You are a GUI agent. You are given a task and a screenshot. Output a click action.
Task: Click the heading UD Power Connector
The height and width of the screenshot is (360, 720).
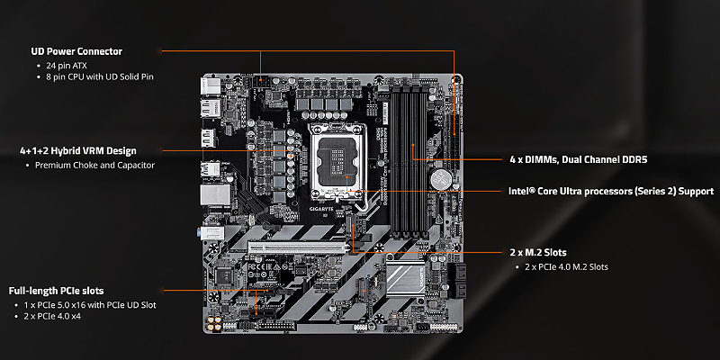click(76, 51)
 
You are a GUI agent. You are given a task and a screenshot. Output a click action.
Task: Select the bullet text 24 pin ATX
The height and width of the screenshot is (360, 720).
click(66, 65)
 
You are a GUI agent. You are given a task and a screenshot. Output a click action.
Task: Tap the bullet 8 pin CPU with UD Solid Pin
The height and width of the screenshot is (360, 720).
click(100, 76)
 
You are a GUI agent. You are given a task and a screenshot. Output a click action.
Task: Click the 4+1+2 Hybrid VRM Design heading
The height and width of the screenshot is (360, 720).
click(78, 150)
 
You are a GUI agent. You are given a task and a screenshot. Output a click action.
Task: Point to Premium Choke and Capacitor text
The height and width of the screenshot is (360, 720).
click(95, 165)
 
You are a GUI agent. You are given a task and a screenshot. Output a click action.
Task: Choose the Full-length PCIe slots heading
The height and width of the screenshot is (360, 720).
click(56, 291)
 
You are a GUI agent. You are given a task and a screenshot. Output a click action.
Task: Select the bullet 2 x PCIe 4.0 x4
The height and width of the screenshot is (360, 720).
click(52, 316)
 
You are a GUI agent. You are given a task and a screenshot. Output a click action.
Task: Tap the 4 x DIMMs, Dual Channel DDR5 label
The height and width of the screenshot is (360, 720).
click(579, 160)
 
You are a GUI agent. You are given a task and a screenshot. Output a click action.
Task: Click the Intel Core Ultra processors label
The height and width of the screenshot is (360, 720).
click(611, 191)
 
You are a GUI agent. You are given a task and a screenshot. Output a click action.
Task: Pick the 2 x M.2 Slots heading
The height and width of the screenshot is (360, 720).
click(538, 253)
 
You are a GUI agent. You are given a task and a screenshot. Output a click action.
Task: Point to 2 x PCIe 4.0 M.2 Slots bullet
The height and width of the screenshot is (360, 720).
click(567, 266)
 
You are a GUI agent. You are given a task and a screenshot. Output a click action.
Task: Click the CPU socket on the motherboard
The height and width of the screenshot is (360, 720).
click(339, 163)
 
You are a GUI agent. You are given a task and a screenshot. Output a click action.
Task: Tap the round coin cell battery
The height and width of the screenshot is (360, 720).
click(441, 179)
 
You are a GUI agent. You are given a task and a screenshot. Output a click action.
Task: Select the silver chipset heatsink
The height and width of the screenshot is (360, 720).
click(404, 279)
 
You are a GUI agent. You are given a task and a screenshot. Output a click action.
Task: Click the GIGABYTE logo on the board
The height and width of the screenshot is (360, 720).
click(321, 209)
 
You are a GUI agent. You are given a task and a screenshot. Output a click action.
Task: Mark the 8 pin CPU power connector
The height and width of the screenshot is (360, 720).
click(260, 83)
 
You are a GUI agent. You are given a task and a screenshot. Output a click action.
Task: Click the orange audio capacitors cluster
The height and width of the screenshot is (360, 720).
click(213, 324)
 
